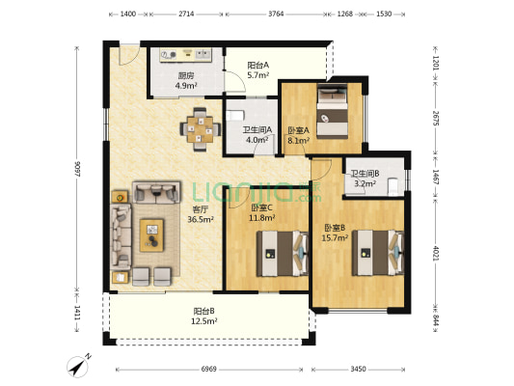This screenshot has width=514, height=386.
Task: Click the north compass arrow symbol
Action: pos(78,367)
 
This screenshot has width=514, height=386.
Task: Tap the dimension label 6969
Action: pos(209,370)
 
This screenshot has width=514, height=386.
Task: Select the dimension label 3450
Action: pos(359,370)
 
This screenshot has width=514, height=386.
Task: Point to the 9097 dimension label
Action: pos(77,169)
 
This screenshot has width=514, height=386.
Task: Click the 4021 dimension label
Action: pos(436,254)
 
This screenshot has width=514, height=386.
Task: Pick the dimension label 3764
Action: pos(276,14)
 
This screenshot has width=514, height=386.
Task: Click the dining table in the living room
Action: pos(200,129)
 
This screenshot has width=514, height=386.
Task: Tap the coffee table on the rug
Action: pos(151,235)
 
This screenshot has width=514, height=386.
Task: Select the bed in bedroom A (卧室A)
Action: pos(333,111)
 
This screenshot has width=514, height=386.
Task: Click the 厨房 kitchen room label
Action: pos(186,76)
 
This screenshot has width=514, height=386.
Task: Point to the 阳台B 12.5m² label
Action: pos(203,316)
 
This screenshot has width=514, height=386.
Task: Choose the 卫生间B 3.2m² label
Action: pos(365,179)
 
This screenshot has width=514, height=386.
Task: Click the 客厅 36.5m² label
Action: pos(201,214)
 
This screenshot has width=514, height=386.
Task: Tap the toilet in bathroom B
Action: pos(392,185)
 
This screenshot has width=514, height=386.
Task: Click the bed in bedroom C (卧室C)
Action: pos(283,254)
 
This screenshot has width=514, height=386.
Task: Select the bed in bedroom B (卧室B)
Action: pos(378,253)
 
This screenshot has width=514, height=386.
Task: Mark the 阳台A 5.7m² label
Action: pos(258,69)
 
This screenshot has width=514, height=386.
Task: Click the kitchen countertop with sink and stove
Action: pos(186,55)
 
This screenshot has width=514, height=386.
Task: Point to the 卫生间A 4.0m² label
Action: pos(257,135)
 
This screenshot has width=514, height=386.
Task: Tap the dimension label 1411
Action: pos(77,314)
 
